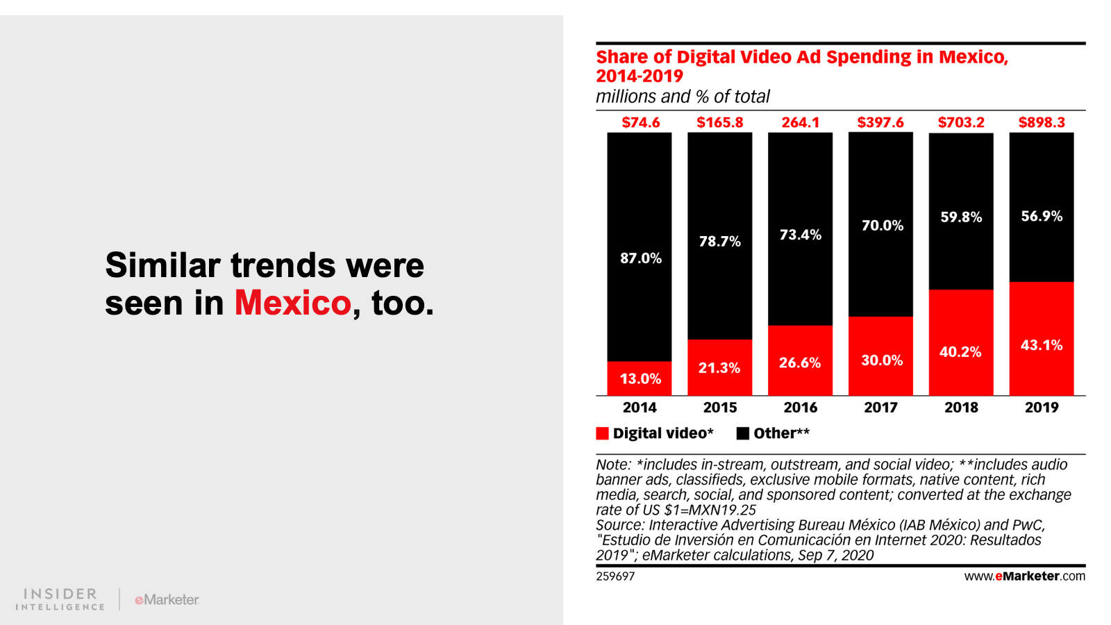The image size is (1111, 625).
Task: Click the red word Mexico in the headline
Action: pos(292,303)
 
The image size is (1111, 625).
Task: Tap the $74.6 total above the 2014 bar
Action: pos(640,123)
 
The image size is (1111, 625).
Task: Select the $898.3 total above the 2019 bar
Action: pos(1041,123)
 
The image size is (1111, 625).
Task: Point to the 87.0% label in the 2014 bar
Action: pos(640,258)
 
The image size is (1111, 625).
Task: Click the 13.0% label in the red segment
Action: pos(640,378)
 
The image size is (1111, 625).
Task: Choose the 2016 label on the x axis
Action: pos(800,408)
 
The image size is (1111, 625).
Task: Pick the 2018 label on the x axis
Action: pos(961,408)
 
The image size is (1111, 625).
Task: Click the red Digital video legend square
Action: pos(602,433)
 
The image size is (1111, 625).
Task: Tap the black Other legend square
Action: pos(743,433)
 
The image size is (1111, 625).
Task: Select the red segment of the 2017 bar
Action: pos(880,340)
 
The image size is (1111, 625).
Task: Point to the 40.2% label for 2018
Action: pos(960,352)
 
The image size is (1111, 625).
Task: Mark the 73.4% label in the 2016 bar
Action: pos(800,235)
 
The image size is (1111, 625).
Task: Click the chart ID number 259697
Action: pos(615,576)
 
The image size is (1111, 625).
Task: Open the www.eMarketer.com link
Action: pos(1024,576)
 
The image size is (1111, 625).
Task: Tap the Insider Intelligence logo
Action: pos(60,599)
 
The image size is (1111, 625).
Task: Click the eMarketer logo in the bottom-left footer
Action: pos(167,599)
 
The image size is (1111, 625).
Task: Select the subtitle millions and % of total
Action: pos(683,97)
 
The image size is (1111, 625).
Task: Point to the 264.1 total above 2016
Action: pos(800,123)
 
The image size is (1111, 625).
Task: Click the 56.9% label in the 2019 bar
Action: pos(1041,217)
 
